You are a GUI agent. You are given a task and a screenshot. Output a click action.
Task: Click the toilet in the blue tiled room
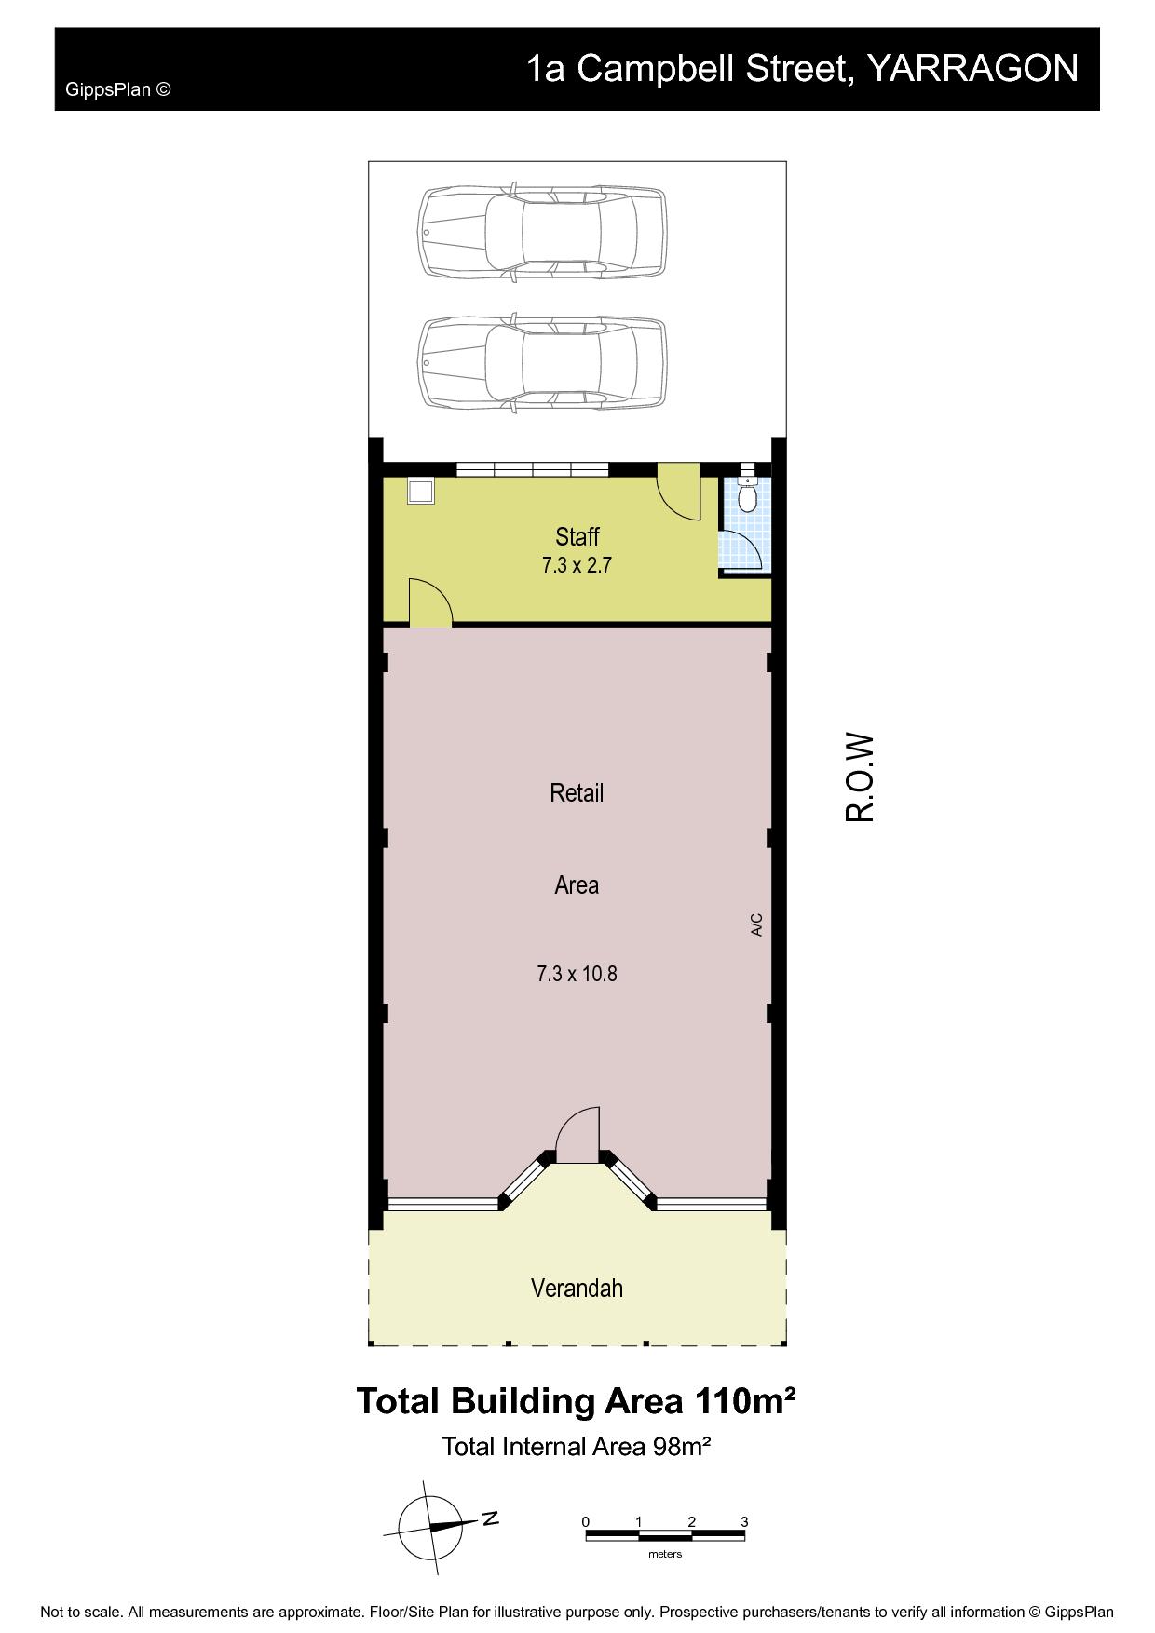[747, 496]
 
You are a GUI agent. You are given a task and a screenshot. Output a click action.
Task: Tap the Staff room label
[577, 536]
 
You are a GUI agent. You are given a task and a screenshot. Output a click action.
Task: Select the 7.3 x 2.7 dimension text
[577, 564]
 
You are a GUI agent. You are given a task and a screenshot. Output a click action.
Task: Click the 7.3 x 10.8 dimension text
[577, 974]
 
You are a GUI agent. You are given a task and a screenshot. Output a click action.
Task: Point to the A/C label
[756, 924]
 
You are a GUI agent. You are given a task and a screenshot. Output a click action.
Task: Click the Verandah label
[577, 1288]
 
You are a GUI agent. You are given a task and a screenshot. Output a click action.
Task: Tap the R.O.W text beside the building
[860, 778]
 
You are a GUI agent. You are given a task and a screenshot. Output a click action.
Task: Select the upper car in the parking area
[543, 232]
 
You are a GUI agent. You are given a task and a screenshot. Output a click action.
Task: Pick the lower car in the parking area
[543, 363]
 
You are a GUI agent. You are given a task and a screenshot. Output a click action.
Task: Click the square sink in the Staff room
[421, 490]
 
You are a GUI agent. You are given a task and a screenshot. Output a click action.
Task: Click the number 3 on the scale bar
[744, 1521]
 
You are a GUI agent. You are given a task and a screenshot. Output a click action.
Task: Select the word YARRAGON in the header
[972, 69]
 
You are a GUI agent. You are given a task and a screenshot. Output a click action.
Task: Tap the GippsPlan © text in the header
[117, 90]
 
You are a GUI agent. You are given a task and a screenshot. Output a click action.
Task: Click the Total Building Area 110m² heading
[577, 1401]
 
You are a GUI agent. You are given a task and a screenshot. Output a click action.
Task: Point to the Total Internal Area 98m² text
[577, 1446]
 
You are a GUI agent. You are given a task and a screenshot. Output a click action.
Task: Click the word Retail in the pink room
[577, 792]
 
